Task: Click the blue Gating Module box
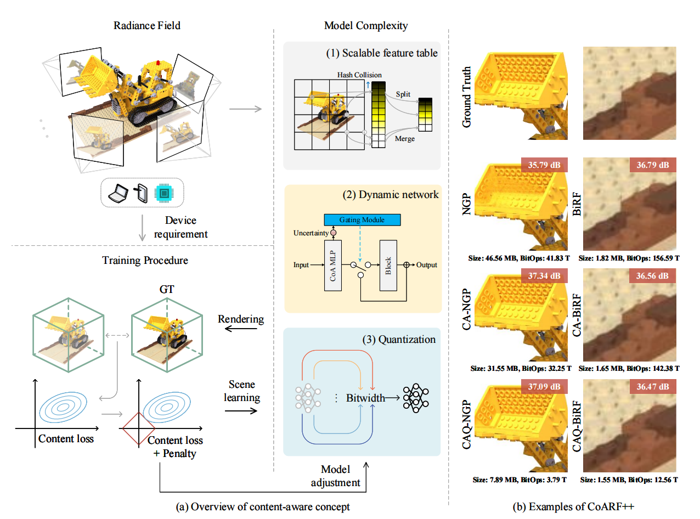tap(362, 220)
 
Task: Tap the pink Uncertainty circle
tap(332, 233)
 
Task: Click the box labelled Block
tap(388, 264)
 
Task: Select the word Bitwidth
tap(365, 397)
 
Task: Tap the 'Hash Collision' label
tap(359, 75)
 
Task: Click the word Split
tap(404, 95)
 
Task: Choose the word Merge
tap(404, 139)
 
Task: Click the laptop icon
tap(118, 192)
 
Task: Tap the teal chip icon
tap(163, 192)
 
